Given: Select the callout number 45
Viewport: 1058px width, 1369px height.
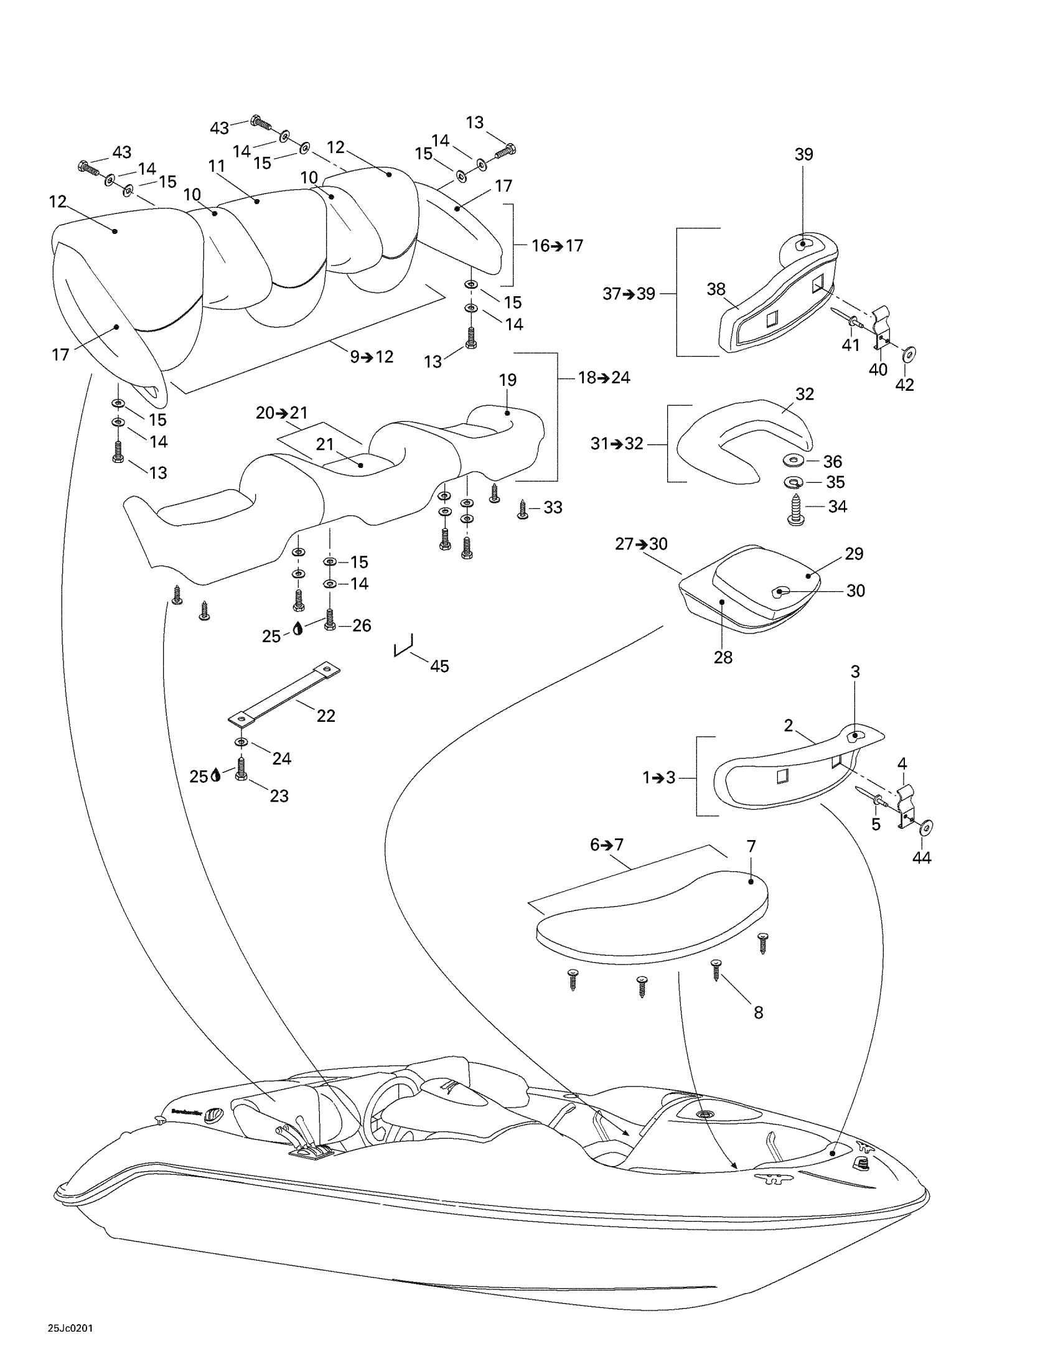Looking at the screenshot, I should (x=439, y=666).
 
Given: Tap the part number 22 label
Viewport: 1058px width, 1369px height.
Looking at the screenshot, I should (x=326, y=716).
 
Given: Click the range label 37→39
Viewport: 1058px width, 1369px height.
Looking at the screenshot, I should (x=628, y=293).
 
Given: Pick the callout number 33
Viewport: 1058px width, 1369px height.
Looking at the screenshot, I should (x=552, y=507).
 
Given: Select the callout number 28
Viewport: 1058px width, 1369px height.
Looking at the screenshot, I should (x=723, y=658).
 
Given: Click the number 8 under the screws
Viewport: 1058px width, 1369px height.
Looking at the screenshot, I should (x=759, y=1012).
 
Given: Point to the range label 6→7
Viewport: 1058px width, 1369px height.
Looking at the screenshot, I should (x=607, y=844).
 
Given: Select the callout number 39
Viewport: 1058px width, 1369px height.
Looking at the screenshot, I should (x=803, y=154).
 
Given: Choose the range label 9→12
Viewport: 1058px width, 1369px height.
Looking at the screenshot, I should (x=372, y=357).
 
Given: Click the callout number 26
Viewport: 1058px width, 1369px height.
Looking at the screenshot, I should (x=362, y=625).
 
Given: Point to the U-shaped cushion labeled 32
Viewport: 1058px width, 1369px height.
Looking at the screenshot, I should (x=739, y=439).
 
